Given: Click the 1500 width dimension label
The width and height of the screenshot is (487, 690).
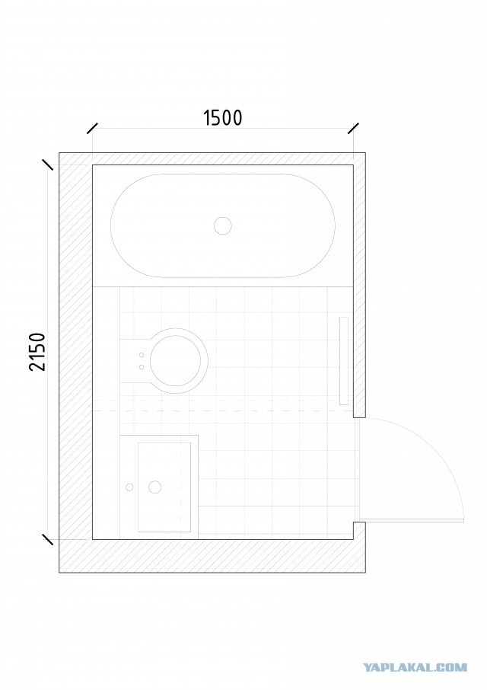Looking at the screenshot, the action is click(x=222, y=117).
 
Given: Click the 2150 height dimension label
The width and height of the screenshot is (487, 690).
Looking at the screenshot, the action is click(x=38, y=352).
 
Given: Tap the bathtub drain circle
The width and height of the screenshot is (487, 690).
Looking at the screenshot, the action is click(x=223, y=225).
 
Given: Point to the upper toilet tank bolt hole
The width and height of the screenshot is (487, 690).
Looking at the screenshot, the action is click(x=142, y=355).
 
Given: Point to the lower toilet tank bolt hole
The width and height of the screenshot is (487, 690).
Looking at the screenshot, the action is click(x=142, y=366).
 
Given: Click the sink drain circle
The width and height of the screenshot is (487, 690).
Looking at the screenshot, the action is click(x=154, y=487).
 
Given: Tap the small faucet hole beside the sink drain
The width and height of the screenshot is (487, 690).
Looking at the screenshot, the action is click(x=129, y=487).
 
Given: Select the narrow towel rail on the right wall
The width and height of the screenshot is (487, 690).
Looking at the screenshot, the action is click(x=344, y=361).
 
